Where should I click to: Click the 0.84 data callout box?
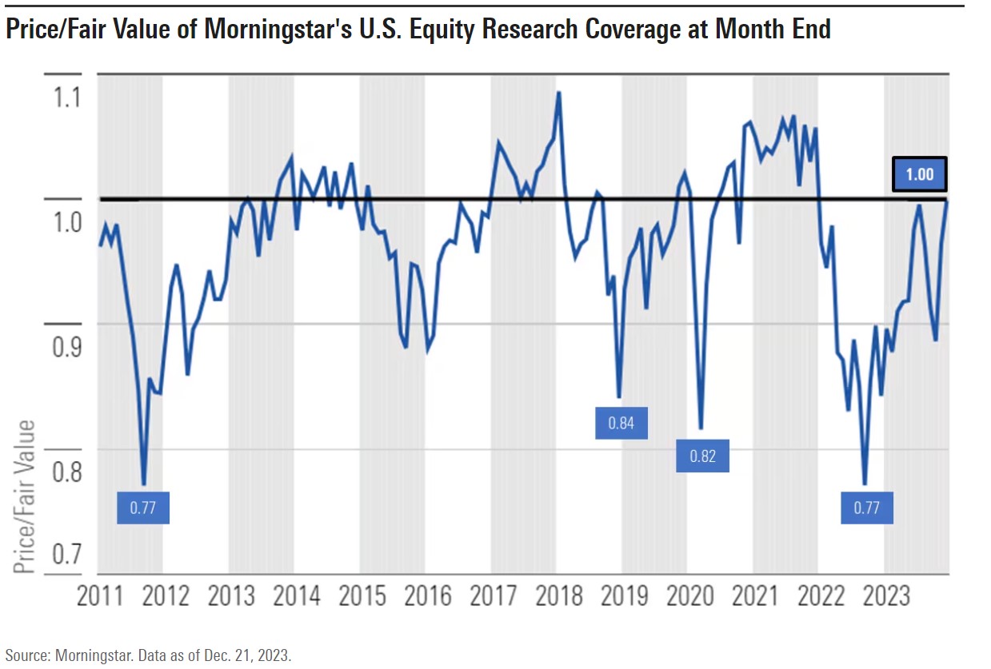coord(621,423)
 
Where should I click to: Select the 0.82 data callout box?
coord(702,456)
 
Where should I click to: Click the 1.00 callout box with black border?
coord(919,174)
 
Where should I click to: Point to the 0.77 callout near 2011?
coord(142,508)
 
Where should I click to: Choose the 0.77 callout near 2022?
coord(866,508)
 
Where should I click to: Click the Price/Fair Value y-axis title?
coord(26,496)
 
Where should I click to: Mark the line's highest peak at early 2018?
coord(558,92)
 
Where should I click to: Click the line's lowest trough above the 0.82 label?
coord(701,428)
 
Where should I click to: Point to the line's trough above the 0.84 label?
coord(618,396)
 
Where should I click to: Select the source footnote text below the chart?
coord(148,655)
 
